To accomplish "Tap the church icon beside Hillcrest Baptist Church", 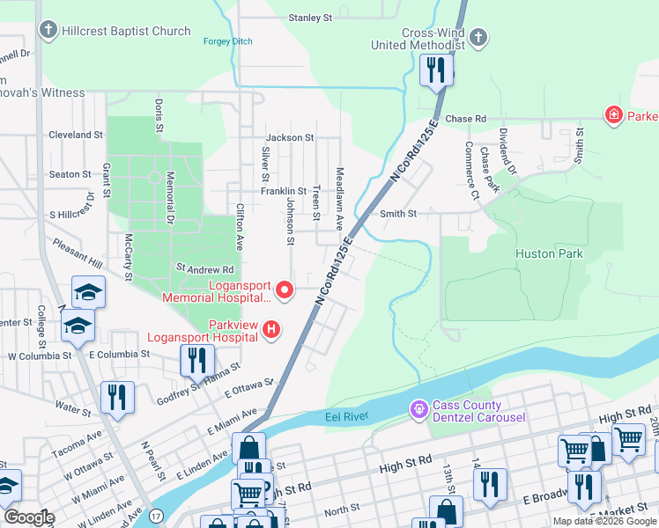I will point(48,31).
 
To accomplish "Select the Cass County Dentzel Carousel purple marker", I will point(418,410).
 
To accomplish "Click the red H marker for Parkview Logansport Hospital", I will point(272,330).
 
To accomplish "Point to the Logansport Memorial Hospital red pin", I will point(284,290).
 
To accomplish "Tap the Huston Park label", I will point(549,253).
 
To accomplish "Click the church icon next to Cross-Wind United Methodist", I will point(478,38).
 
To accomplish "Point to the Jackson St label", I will point(290,138).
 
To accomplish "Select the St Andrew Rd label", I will point(205,268).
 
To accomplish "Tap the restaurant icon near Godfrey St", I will point(196,360).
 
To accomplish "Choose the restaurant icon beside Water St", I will point(116,397).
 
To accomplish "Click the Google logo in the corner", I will point(29,517).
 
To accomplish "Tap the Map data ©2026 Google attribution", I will point(604,521).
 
